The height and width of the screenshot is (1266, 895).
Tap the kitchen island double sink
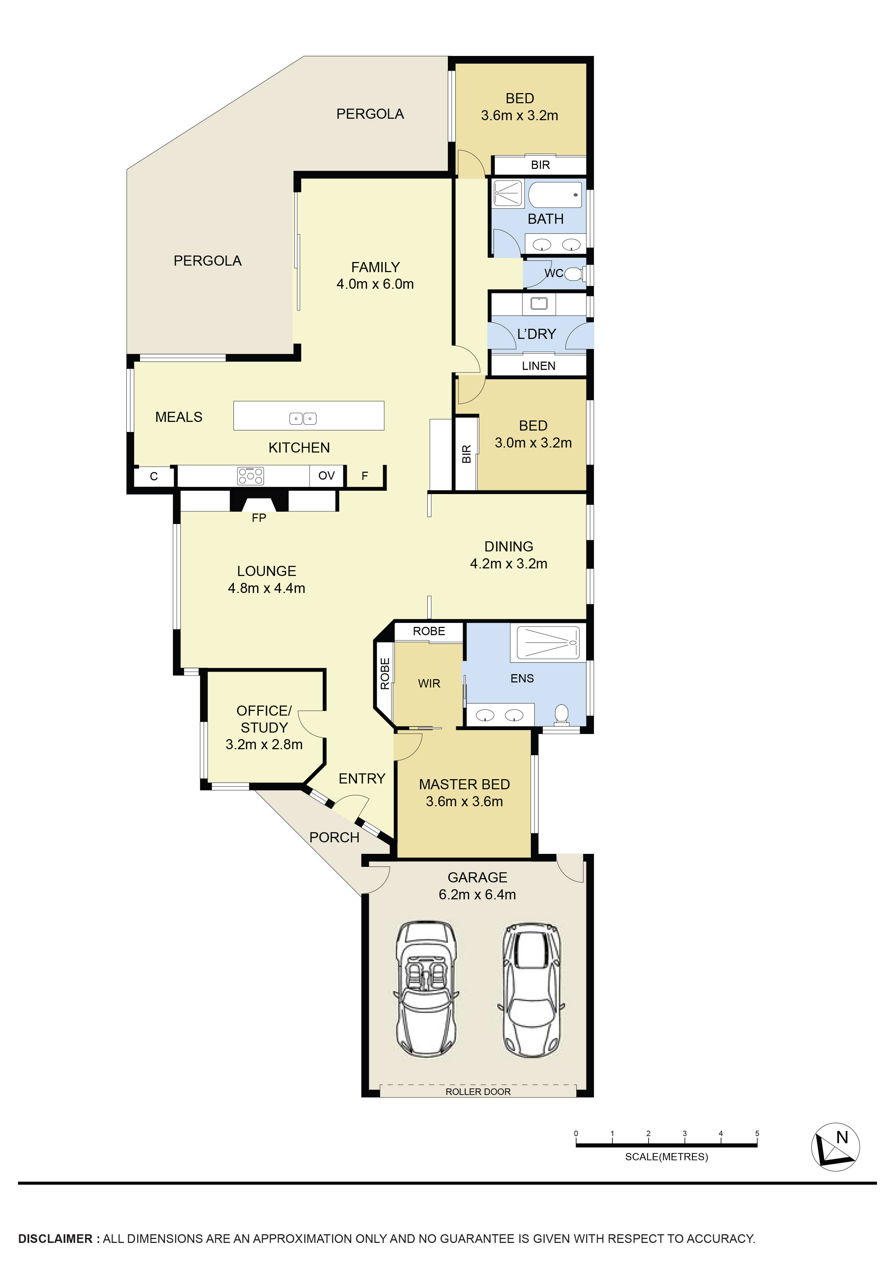click(x=303, y=419)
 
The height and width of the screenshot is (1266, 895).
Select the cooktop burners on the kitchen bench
click(x=250, y=476)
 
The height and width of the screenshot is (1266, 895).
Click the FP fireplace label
click(x=259, y=518)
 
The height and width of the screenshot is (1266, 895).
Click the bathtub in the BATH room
click(x=555, y=194)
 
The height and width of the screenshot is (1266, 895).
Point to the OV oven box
click(x=327, y=476)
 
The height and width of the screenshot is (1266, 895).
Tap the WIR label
click(x=429, y=684)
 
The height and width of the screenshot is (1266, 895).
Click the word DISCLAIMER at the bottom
click(x=55, y=1239)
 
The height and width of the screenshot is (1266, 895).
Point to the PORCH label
click(x=334, y=838)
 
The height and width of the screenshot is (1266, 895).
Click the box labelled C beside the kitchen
click(x=154, y=476)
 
